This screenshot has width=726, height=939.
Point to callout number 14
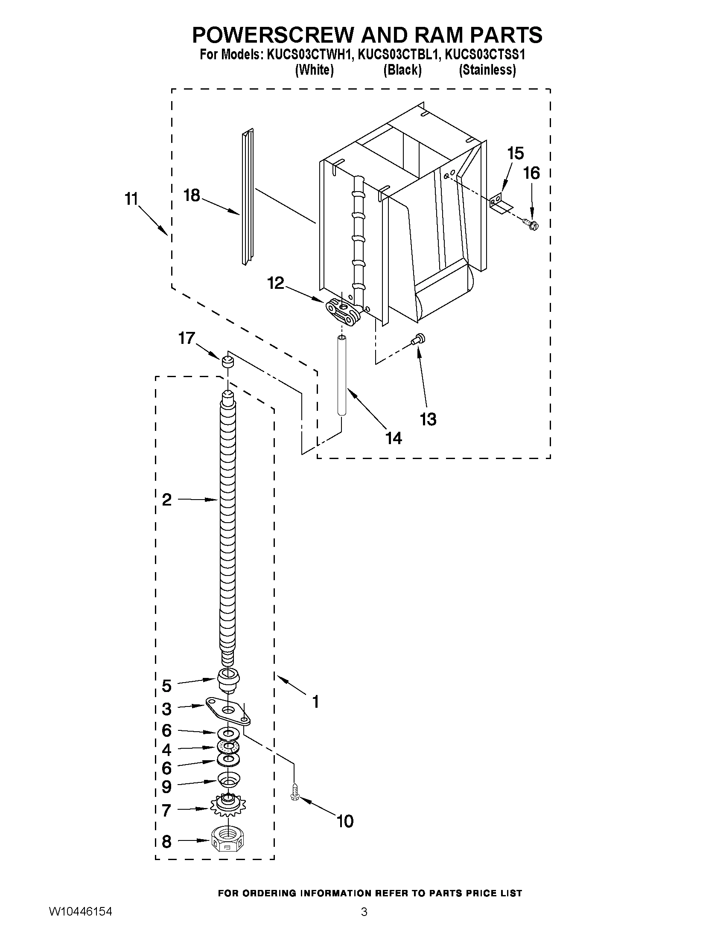click(394, 438)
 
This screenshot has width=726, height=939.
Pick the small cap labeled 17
click(228, 362)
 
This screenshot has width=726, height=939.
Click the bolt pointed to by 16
click(531, 224)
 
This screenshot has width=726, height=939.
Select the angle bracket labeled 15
click(499, 203)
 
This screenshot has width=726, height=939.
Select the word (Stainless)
click(487, 70)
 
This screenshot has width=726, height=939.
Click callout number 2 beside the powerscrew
click(167, 500)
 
